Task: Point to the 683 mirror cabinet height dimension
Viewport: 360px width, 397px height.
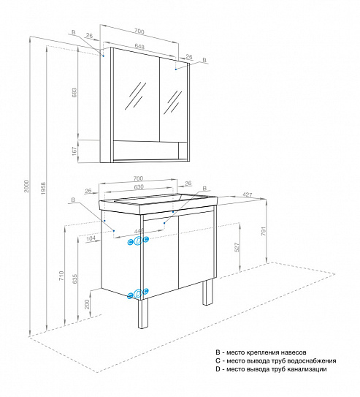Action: point(74,94)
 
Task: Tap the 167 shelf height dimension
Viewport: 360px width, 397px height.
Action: point(74,151)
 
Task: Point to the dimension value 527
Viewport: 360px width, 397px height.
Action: point(236,247)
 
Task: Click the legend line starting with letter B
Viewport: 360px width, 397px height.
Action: point(270,352)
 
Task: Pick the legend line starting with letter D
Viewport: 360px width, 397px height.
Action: point(271,371)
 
